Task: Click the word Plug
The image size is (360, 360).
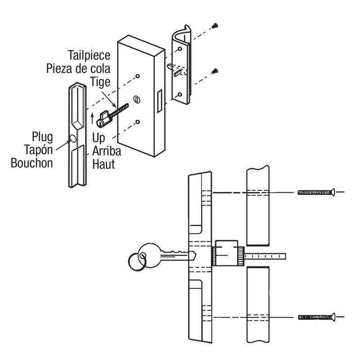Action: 42,136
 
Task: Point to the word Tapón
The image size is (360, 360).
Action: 36,149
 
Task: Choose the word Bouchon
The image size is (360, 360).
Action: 32,163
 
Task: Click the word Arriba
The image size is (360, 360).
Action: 106,151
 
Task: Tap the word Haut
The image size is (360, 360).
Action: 103,164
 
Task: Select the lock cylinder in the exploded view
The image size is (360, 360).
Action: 104,120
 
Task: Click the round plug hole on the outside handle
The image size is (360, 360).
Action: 73,138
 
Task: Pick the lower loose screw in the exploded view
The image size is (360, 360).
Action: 215,70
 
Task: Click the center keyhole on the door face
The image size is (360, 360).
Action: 137,99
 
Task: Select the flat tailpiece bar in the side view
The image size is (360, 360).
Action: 265,257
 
